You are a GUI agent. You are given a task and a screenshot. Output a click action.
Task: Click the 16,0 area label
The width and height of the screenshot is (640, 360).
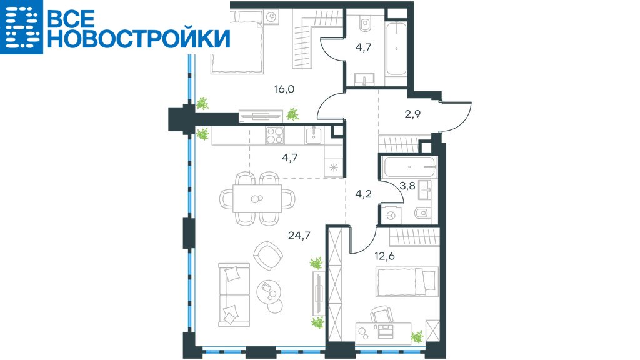(284, 89)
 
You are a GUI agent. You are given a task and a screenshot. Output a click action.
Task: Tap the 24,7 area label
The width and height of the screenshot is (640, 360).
(299, 235)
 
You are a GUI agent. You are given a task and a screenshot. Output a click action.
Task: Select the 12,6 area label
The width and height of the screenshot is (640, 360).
(384, 256)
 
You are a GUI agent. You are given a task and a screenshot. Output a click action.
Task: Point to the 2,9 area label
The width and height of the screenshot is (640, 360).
(412, 114)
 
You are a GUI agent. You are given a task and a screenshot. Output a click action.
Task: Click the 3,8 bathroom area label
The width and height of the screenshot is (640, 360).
(407, 186)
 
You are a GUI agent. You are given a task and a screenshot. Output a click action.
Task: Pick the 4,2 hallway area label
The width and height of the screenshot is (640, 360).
(363, 194)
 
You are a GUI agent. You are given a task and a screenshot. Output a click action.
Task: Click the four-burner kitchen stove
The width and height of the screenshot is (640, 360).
(275, 136)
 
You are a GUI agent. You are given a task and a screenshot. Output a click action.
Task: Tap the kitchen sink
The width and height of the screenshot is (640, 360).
(314, 136)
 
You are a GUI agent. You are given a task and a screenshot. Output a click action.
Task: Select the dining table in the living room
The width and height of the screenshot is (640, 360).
(257, 198)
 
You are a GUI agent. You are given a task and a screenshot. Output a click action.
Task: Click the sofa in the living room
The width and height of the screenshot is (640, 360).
(234, 295)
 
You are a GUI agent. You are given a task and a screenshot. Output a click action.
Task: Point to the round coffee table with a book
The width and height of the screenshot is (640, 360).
(269, 290)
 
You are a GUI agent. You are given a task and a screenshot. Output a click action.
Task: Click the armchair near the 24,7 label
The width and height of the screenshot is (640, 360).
(268, 255)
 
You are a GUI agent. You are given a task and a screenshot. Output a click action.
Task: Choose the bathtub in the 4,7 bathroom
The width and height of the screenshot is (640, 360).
(396, 49)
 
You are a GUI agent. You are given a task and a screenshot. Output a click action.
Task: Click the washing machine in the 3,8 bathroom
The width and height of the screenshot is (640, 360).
(391, 215)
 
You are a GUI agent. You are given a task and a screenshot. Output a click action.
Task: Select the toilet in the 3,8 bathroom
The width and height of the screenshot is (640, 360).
(421, 212)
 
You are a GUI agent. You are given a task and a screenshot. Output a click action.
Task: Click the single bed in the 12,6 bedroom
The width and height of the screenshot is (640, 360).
(407, 282)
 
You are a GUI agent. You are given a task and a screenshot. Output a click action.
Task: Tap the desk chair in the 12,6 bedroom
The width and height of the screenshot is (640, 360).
(382, 314)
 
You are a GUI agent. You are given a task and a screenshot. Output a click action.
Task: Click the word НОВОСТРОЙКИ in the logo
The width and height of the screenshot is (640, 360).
(139, 39)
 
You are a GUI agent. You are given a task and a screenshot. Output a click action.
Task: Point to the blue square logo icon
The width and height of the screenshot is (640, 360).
(21, 27)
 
